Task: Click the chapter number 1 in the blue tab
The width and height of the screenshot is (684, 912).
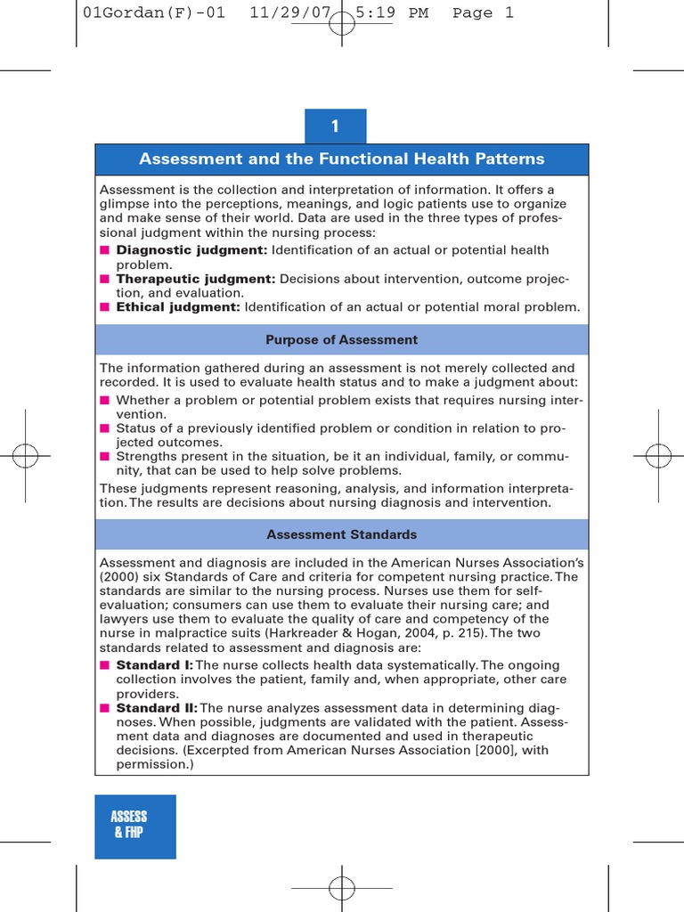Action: (335, 126)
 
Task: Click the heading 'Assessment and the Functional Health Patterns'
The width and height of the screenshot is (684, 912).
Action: (341, 159)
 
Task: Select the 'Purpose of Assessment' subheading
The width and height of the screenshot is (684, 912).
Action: (341, 340)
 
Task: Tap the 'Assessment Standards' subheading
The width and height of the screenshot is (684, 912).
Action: (341, 535)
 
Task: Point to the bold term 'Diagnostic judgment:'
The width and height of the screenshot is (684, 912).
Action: (191, 250)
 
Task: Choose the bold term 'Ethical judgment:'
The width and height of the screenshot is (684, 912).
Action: (178, 307)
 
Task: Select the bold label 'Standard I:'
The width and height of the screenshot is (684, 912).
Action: (154, 665)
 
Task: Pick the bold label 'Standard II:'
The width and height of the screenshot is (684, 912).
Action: (157, 708)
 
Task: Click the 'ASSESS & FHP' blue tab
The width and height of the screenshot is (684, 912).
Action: (130, 826)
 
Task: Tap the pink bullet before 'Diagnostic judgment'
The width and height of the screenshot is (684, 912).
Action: (105, 250)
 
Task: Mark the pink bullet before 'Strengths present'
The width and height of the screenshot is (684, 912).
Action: (105, 457)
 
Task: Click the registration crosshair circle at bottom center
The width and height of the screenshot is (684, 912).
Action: (341, 887)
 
